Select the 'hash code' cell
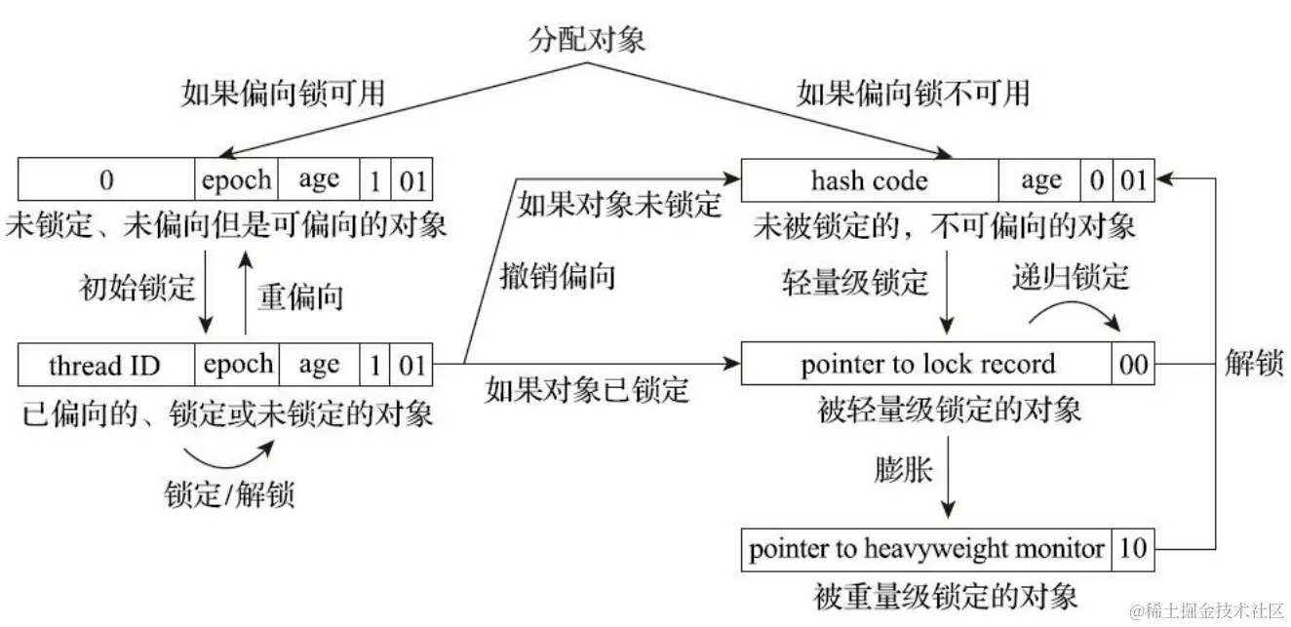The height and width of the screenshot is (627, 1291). click(x=869, y=180)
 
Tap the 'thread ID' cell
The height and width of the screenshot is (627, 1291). click(x=105, y=366)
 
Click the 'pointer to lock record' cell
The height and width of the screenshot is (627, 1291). click(x=927, y=365)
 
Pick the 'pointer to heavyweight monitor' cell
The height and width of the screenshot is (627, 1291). click(x=926, y=549)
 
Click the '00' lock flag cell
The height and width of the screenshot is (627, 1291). click(x=1132, y=365)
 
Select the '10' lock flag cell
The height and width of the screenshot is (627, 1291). click(x=1133, y=549)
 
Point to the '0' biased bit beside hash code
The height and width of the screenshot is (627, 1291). click(x=1097, y=180)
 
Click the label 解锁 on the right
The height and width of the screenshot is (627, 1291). click(x=1253, y=364)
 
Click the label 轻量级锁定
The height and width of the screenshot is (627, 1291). click(x=855, y=283)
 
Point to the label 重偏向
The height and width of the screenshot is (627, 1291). click(x=300, y=296)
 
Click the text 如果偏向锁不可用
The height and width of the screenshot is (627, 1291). click(x=912, y=94)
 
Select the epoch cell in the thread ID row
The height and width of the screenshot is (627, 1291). click(x=237, y=366)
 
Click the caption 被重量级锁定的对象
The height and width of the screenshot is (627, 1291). click(x=946, y=594)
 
